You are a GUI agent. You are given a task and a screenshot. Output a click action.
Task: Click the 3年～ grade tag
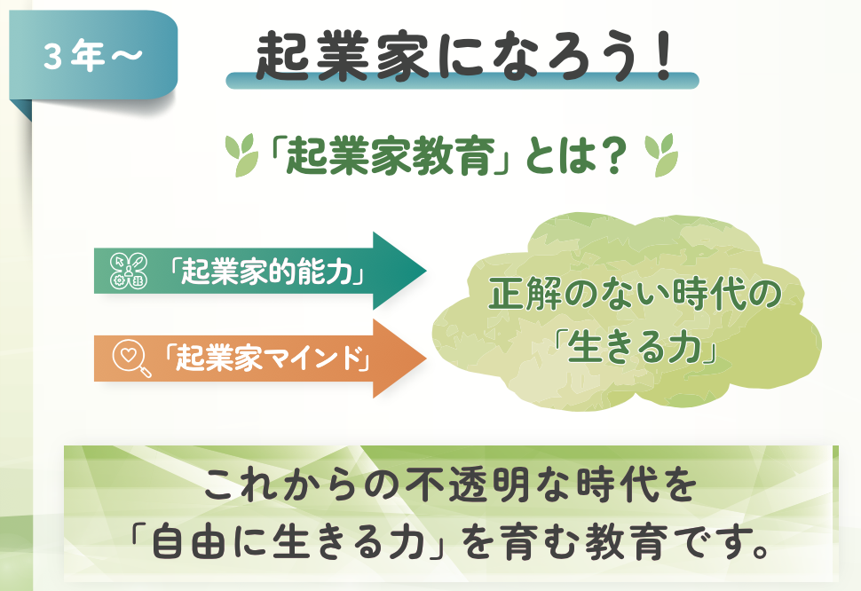pyautogui.click(x=93, y=55)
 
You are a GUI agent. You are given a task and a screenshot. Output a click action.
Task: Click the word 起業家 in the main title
pyautogui.click(x=342, y=56)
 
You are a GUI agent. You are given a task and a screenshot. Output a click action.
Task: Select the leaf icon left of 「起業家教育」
pyautogui.click(x=241, y=154)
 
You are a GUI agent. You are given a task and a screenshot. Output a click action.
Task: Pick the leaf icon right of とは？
pyautogui.click(x=661, y=154)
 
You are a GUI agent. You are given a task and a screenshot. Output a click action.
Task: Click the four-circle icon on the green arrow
pyautogui.click(x=129, y=271)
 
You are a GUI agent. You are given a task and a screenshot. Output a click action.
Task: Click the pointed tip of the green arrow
pyautogui.click(x=426, y=271)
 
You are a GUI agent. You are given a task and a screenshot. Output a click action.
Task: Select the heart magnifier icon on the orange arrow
pyautogui.click(x=131, y=359)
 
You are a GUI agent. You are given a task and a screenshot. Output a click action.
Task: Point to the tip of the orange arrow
pyautogui.click(x=426, y=359)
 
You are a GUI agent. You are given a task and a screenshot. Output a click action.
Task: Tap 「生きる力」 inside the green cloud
pyautogui.click(x=636, y=349)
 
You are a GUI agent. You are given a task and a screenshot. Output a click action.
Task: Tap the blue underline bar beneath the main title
pyautogui.click(x=462, y=81)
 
